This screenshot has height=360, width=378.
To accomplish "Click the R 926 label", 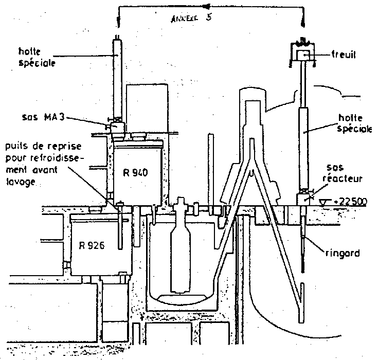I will (x=93, y=245).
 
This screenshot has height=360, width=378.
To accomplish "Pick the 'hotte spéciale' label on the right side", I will (x=354, y=124).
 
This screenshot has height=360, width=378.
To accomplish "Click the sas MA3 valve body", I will (x=117, y=124).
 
